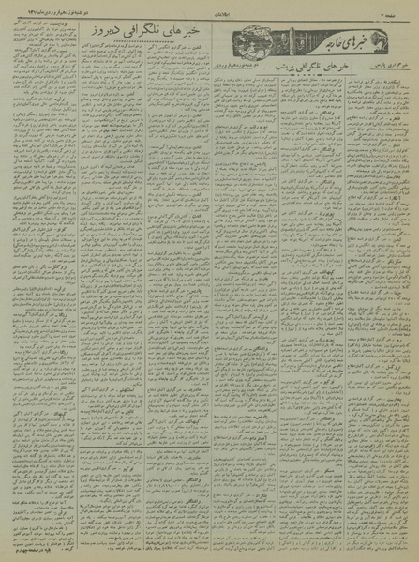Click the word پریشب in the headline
tap(261, 68)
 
